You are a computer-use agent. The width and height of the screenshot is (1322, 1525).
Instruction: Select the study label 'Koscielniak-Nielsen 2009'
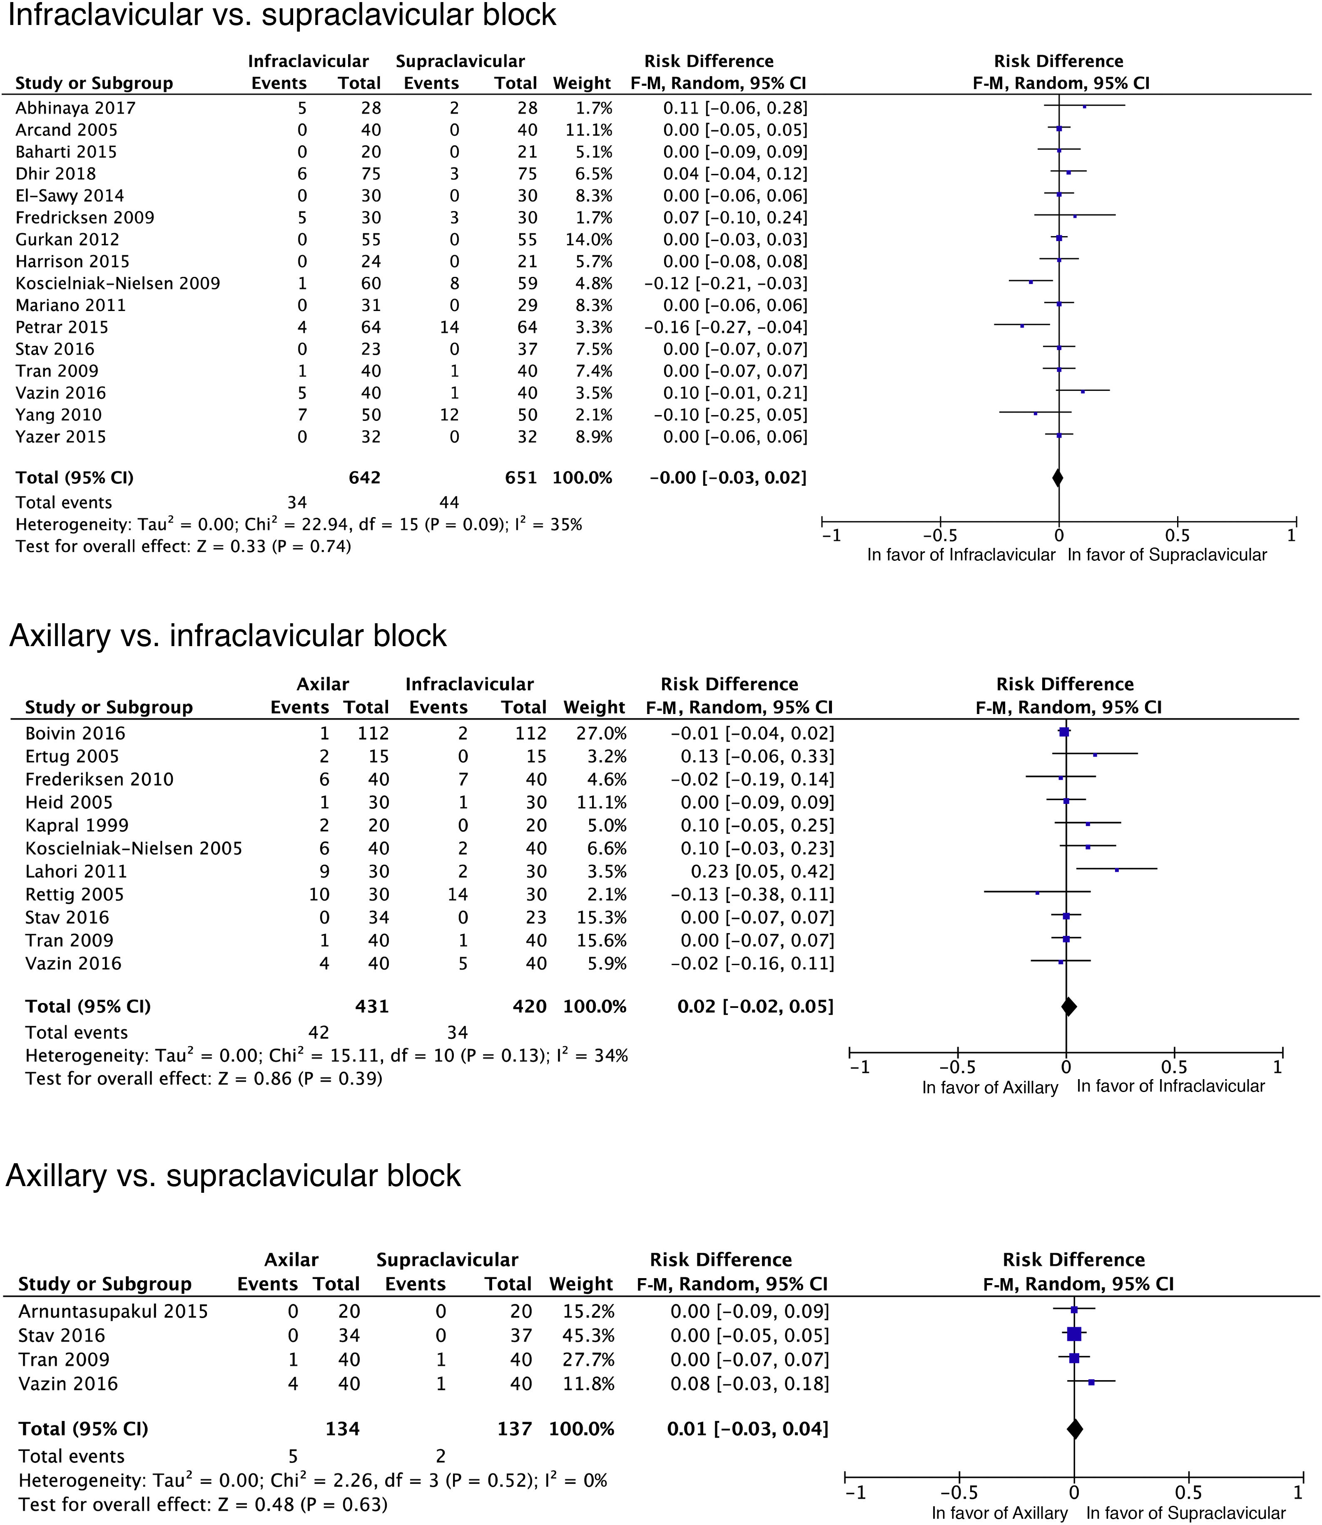[x=118, y=283]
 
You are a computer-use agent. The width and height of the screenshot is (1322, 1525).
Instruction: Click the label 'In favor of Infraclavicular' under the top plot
[x=961, y=555]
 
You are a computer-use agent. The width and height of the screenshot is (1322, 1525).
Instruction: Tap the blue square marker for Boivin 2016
[x=1064, y=732]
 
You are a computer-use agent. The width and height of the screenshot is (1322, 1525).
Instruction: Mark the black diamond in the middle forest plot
[x=1068, y=1007]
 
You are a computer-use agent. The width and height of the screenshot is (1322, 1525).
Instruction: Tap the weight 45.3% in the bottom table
[x=581, y=1336]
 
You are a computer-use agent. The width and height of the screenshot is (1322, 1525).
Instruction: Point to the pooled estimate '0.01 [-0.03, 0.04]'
[x=747, y=1429]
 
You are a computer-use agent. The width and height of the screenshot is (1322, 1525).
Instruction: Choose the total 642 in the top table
[x=364, y=478]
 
